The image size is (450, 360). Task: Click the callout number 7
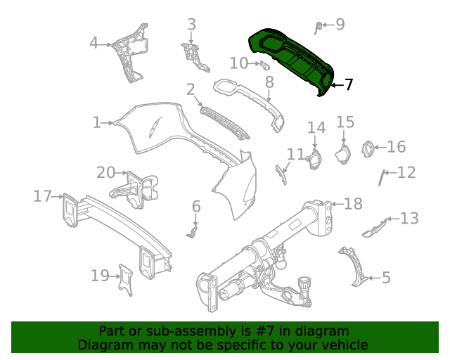[348, 85]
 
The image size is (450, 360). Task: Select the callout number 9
[340, 25]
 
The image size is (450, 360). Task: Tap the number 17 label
[42, 195]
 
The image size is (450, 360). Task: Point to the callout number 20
[105, 172]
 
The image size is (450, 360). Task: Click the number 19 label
[100, 275]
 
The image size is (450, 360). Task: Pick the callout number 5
[386, 278]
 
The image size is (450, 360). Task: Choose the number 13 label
[409, 218]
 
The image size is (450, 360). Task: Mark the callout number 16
[397, 146]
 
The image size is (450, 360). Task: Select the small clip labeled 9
[320, 27]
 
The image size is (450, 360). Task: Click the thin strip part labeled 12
[384, 177]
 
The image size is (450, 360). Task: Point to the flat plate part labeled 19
[126, 280]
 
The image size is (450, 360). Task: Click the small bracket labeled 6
[194, 229]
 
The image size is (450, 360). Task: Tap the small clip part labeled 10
[265, 65]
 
